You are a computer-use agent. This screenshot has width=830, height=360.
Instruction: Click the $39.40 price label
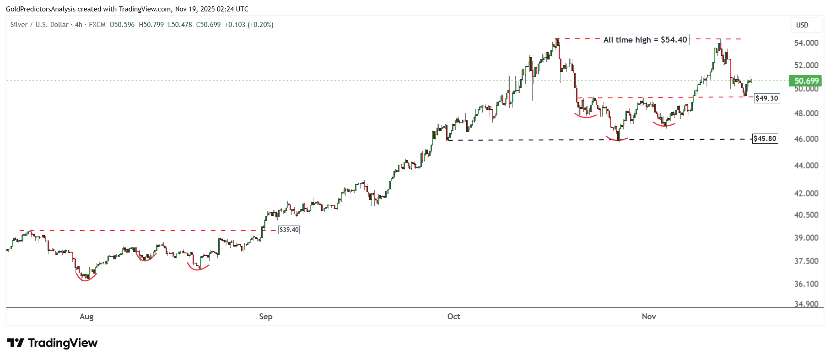(289, 230)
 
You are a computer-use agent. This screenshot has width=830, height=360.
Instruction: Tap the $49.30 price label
(766, 98)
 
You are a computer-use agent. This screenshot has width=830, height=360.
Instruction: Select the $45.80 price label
(765, 138)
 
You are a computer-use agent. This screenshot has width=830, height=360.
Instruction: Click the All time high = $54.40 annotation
(645, 40)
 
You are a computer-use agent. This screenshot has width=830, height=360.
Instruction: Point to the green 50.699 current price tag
(806, 81)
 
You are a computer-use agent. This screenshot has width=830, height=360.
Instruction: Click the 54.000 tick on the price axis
(806, 43)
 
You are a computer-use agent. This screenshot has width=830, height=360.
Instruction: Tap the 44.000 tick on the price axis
(806, 166)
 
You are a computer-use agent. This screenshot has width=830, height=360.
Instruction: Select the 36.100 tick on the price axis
(806, 284)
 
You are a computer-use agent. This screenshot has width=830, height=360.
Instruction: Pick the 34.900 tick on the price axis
(806, 304)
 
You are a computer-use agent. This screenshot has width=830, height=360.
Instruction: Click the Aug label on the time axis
(86, 317)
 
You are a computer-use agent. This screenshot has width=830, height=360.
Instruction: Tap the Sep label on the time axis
(265, 317)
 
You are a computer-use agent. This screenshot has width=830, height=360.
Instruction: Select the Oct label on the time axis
(453, 317)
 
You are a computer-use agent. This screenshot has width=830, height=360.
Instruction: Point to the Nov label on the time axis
(649, 317)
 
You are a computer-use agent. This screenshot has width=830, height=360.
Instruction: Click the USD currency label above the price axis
(802, 25)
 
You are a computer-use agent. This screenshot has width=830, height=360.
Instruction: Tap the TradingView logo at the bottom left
(52, 343)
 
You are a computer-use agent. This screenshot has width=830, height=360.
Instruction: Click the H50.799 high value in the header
(151, 25)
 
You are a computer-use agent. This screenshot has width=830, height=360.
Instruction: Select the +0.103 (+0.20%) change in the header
(249, 25)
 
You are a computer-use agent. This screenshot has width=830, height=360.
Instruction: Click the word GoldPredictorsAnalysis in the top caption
(41, 9)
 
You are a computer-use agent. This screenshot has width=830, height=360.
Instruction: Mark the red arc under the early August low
(86, 279)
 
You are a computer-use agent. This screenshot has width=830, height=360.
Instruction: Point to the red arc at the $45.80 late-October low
(617, 139)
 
